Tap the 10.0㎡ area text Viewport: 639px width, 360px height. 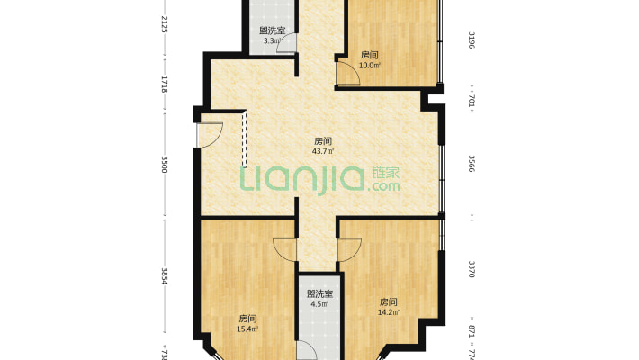point(370,65)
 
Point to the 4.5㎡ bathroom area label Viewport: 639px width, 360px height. point(319,303)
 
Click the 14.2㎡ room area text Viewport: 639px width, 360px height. point(389,312)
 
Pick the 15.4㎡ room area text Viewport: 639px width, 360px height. point(248,328)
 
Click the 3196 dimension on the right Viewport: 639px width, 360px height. point(472,40)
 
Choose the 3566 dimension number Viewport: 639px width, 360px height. point(472,164)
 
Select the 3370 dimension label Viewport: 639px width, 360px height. point(472,267)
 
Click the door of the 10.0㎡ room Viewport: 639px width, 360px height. point(347,74)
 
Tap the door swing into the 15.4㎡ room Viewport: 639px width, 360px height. point(284,249)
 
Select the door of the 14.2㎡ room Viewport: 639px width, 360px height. point(349,249)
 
